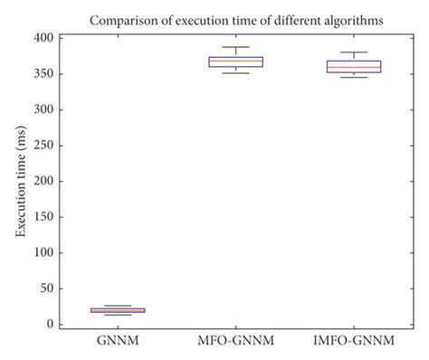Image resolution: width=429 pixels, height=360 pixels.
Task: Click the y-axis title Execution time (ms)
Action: (20, 181)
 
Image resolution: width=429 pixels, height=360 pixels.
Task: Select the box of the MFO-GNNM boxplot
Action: (234, 62)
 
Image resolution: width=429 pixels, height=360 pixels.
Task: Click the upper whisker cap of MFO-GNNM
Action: (234, 47)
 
